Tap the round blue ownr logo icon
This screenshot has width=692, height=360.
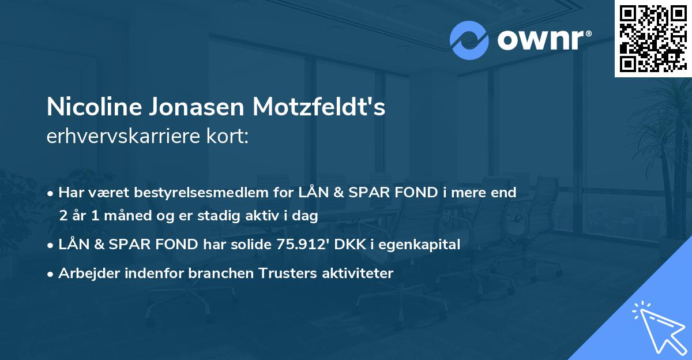(469, 40)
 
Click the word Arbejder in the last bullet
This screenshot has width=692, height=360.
(85, 273)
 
